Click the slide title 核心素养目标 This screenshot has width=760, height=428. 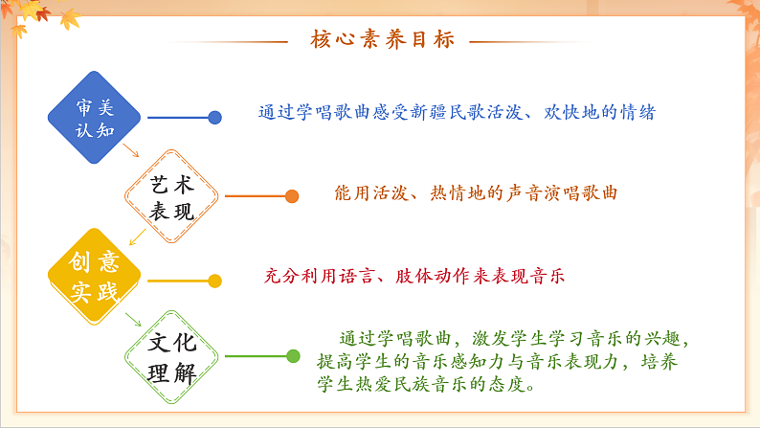381,39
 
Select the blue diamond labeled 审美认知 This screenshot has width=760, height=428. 94,117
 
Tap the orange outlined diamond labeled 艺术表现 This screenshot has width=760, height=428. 172,197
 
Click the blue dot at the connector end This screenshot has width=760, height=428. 215,117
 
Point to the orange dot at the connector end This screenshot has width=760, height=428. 292,196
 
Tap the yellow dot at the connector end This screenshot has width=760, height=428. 215,281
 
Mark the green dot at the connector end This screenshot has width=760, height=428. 293,356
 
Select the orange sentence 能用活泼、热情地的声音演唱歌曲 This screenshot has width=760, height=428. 476,192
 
